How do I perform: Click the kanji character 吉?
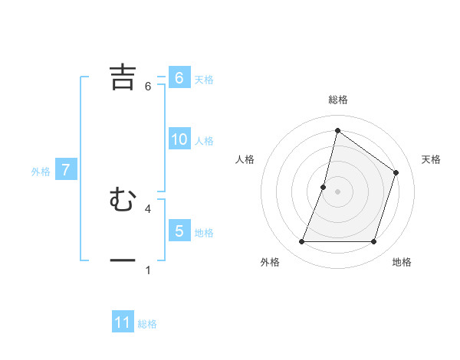pyautogui.click(x=123, y=77)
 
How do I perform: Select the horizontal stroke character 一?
pyautogui.click(x=123, y=260)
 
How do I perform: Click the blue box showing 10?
pyautogui.click(x=179, y=139)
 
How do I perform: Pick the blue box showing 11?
pyautogui.click(x=123, y=322)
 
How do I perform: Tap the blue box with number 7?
pyautogui.click(x=66, y=170)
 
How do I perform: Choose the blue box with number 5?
pyautogui.click(x=179, y=231)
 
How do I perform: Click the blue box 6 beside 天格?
pyautogui.click(x=179, y=78)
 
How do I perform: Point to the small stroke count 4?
pyautogui.click(x=148, y=208)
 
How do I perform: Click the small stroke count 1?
pyautogui.click(x=148, y=270)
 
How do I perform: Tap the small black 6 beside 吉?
pyautogui.click(x=148, y=86)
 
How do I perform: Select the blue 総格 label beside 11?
pyautogui.click(x=147, y=324)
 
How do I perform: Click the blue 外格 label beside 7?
pyautogui.click(x=41, y=172)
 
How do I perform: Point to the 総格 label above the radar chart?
pyautogui.click(x=338, y=100)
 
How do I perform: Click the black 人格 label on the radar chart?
pyautogui.click(x=245, y=159)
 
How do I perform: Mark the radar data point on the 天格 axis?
pyautogui.click(x=396, y=172)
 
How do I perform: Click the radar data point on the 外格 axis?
pyautogui.click(x=302, y=242)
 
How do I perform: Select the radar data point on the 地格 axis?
pyautogui.click(x=374, y=242)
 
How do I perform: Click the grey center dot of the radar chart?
pyautogui.click(x=338, y=191)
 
